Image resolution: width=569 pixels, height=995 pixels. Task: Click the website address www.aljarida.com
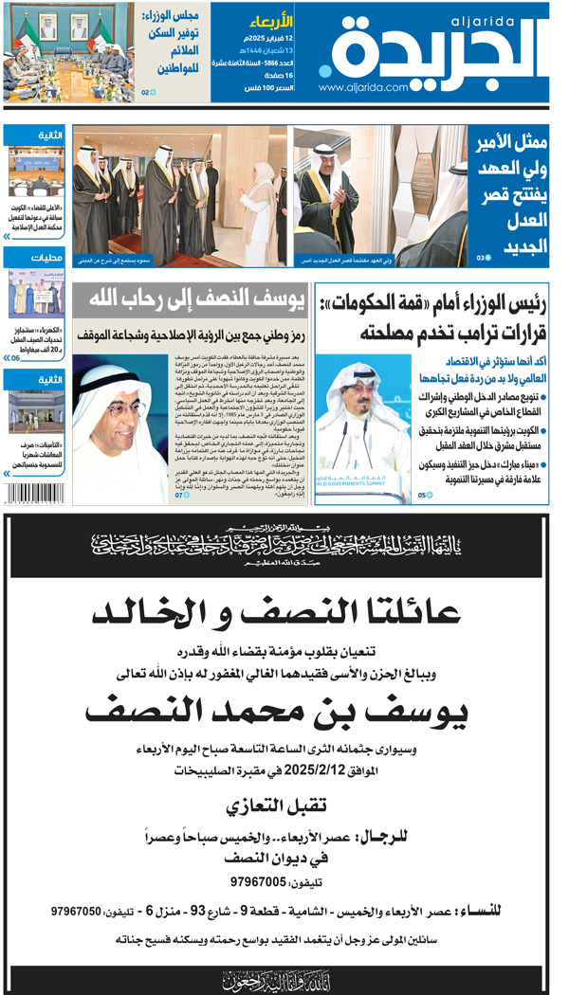(363, 87)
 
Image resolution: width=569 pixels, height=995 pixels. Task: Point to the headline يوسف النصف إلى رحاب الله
(190, 301)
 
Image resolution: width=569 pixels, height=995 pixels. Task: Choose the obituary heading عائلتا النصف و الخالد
(284, 613)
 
